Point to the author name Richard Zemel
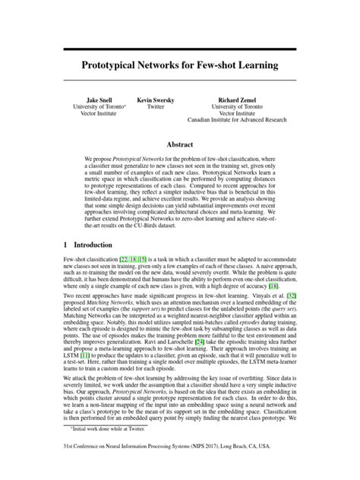[x=238, y=100]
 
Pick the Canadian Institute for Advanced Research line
[x=238, y=123]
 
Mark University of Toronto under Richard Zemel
[x=238, y=108]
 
